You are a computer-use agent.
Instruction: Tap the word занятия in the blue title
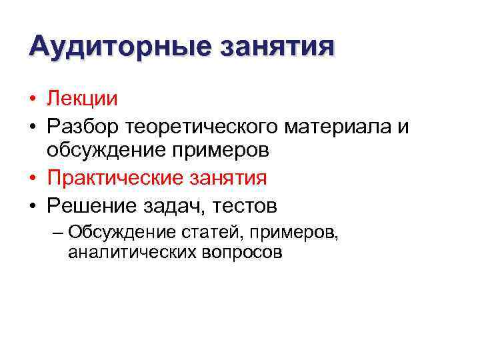pyautogui.click(x=277, y=47)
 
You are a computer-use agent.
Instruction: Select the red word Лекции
pyautogui.click(x=82, y=99)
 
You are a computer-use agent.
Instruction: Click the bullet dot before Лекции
pyautogui.click(x=33, y=100)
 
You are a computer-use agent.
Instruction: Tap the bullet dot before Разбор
pyautogui.click(x=33, y=126)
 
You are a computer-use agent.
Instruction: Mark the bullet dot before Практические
pyautogui.click(x=33, y=179)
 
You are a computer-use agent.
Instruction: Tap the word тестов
pyautogui.click(x=243, y=204)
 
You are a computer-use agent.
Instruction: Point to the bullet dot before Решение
pyautogui.click(x=33, y=205)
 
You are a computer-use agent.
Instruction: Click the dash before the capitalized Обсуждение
pyautogui.click(x=57, y=233)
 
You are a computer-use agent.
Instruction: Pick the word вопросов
pyautogui.click(x=241, y=253)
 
